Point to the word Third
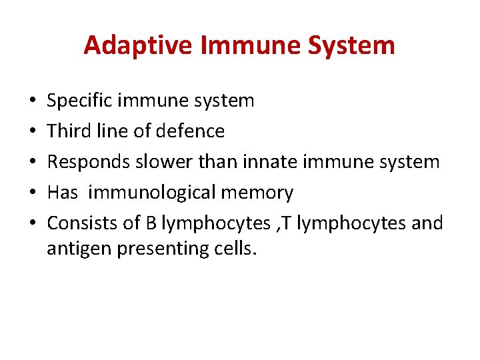pyautogui.click(x=67, y=131)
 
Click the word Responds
pyautogui.click(x=86, y=162)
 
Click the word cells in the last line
pyautogui.click(x=233, y=249)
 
